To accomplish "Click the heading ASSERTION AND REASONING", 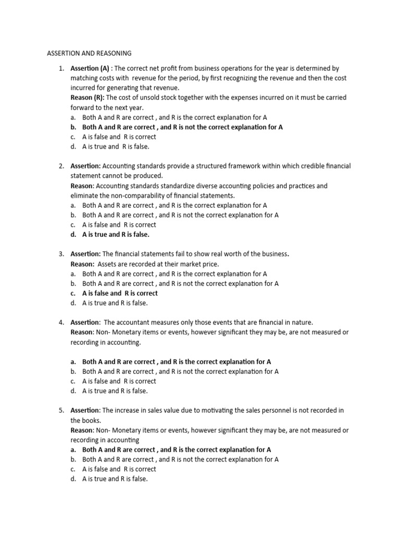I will [x=89, y=53].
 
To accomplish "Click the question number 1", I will [x=61, y=68].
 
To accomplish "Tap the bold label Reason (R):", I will [x=87, y=98].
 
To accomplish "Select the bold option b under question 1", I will [x=182, y=127].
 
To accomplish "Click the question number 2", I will [x=61, y=166].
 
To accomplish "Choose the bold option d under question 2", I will [x=116, y=234].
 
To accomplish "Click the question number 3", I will [x=61, y=254].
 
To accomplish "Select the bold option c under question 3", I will [x=120, y=293].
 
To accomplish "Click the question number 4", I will [x=61, y=322].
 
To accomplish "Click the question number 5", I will [x=61, y=410].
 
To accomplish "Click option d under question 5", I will [x=115, y=479].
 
